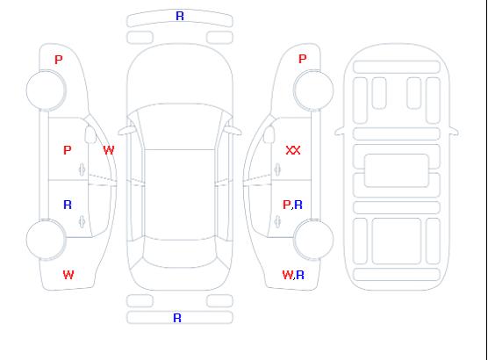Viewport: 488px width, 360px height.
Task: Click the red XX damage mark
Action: coord(293,150)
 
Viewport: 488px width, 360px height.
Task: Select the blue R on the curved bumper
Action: coord(180,16)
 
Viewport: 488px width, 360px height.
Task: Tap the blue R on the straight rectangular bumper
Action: coord(177,318)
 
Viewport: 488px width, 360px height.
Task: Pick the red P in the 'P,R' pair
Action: coord(286,205)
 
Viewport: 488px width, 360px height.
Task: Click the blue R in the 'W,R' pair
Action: coord(300,275)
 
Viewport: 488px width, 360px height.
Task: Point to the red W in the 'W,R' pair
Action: coord(287,275)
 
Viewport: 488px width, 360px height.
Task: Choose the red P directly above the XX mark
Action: coord(302,59)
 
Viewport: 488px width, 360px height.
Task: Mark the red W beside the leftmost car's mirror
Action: coord(109,150)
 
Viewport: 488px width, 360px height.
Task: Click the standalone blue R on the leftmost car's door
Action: coord(68,205)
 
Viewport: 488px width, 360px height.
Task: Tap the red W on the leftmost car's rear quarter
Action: coord(68,275)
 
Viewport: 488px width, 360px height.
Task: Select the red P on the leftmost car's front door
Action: coord(68,150)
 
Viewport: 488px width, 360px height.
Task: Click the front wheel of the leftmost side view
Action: coord(46,90)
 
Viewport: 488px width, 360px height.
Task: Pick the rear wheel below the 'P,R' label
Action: coord(313,239)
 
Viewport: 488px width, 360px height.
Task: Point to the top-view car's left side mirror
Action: coord(126,131)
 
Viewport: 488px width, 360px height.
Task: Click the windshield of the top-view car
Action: coord(180,126)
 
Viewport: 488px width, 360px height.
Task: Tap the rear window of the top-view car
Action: coord(180,253)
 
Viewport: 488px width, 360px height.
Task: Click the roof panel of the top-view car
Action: coord(180,195)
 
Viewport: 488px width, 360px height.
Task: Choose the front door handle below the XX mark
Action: coord(277,169)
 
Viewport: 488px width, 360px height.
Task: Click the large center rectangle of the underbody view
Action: coord(397,170)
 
